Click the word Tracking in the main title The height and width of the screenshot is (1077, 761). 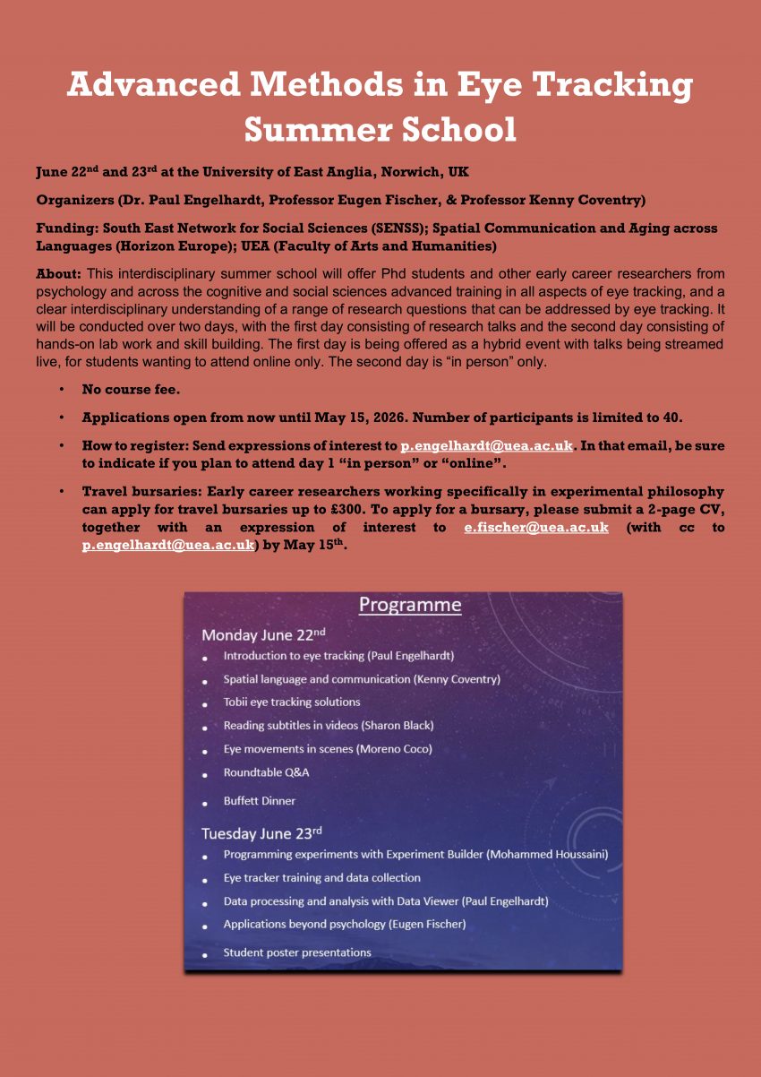click(615, 85)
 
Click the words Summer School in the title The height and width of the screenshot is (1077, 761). click(380, 129)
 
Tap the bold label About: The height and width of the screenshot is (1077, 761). click(59, 272)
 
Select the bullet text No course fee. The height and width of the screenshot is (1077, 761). click(131, 392)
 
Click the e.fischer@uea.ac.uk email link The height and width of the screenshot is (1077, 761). click(535, 528)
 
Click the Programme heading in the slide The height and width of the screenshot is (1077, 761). click(410, 605)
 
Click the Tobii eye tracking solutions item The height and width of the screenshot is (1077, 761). click(292, 702)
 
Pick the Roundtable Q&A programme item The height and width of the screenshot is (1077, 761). click(266, 772)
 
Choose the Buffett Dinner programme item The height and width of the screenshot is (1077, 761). click(259, 801)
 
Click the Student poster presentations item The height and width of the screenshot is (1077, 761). click(297, 952)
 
